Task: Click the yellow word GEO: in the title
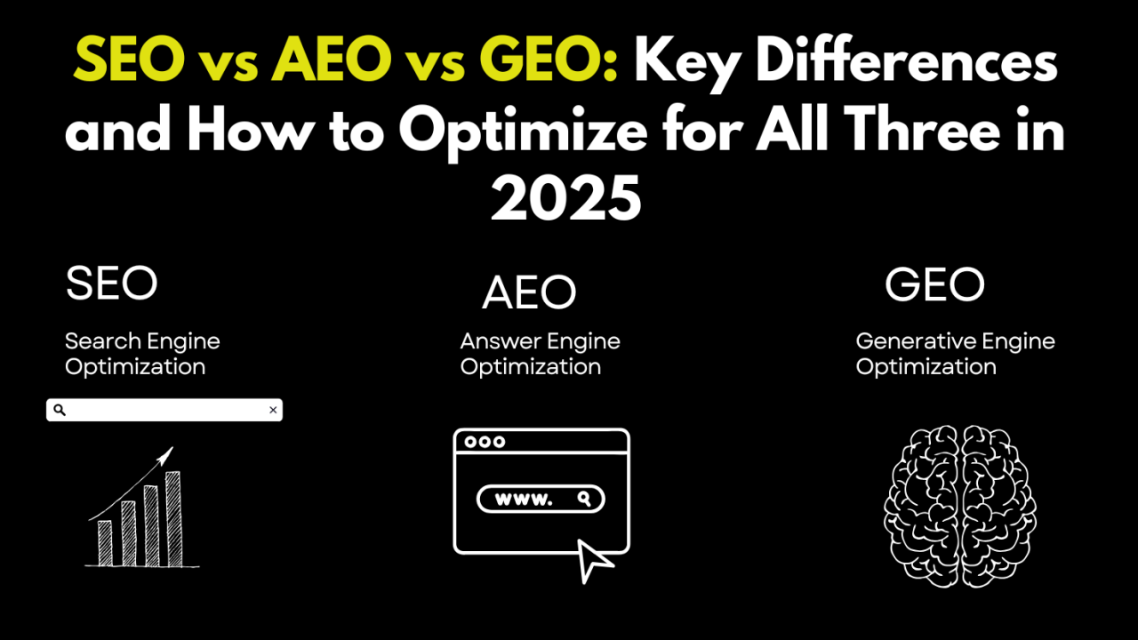click(x=549, y=60)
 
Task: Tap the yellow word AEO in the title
click(x=332, y=60)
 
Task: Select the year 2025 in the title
click(x=565, y=198)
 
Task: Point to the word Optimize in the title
click(x=523, y=132)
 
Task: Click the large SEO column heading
click(x=112, y=283)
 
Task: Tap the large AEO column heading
click(x=529, y=292)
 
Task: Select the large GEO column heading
click(x=934, y=284)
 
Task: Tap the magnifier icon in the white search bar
click(x=60, y=410)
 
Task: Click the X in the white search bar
click(x=273, y=410)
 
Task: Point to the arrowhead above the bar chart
click(x=165, y=456)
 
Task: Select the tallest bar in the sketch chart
click(x=173, y=518)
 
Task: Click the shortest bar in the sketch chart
click(x=105, y=543)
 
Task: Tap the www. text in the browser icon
click(x=524, y=500)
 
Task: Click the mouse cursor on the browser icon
click(x=594, y=561)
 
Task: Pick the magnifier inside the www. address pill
click(x=584, y=499)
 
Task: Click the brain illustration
click(x=959, y=507)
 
